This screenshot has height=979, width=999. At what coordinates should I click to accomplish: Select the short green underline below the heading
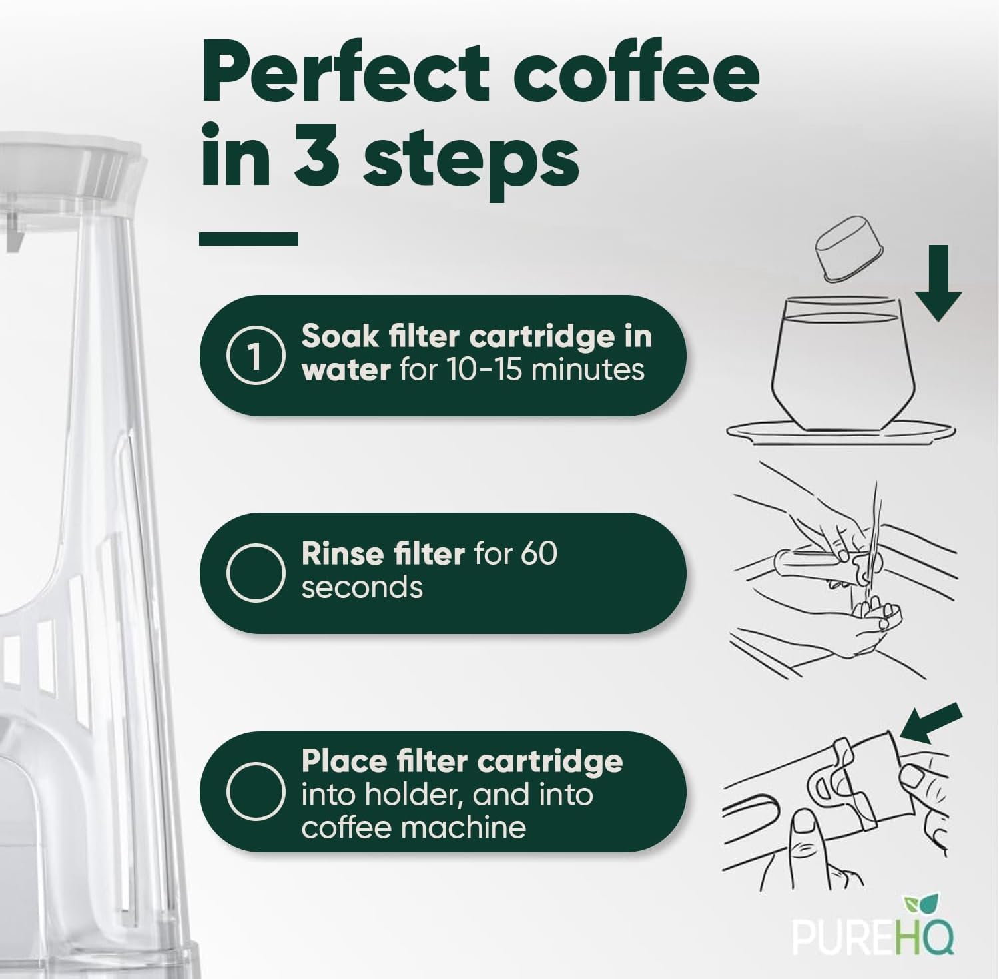(x=248, y=238)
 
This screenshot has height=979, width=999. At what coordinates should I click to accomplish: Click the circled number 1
(x=256, y=356)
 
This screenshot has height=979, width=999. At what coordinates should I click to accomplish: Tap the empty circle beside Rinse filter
(x=256, y=573)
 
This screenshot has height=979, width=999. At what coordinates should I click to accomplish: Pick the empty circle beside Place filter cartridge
(x=256, y=792)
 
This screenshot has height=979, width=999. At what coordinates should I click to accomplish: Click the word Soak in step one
(x=339, y=336)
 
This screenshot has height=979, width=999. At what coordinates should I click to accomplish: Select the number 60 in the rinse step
(x=539, y=554)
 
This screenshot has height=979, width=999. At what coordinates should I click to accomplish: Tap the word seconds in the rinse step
(x=362, y=588)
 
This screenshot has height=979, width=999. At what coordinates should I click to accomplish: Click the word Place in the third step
(x=343, y=761)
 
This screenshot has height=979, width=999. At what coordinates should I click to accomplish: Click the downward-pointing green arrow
(x=937, y=283)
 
